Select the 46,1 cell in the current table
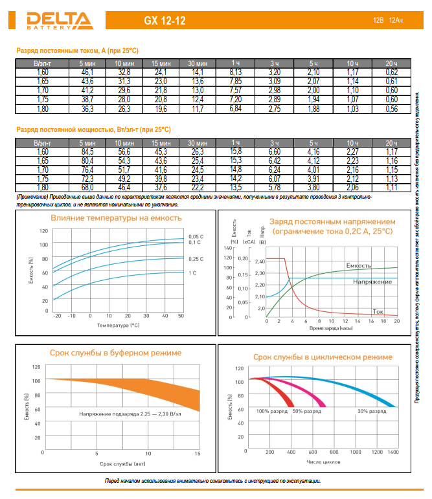(87, 72)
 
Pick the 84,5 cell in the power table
(87, 151)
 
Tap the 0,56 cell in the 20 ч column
(391, 109)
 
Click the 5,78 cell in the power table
(274, 188)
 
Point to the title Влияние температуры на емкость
(116, 218)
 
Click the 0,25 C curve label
(196, 259)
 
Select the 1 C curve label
(193, 273)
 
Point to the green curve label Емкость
(358, 266)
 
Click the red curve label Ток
(378, 311)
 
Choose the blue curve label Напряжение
(372, 282)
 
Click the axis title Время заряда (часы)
(330, 329)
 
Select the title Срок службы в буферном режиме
(116, 353)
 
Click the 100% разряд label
(271, 411)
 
